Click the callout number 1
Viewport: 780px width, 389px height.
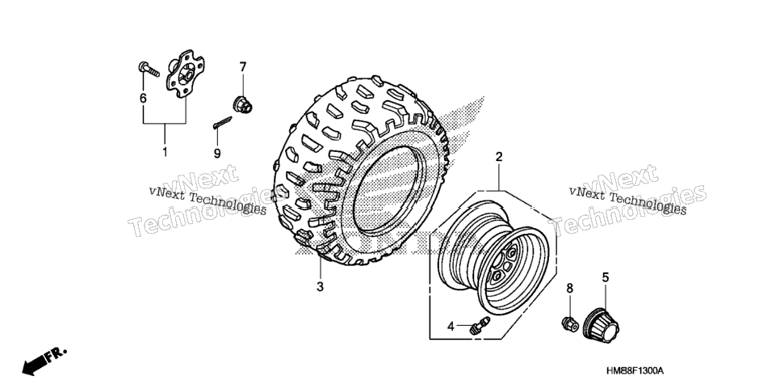pos(166,152)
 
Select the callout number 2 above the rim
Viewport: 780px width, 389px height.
pos(498,157)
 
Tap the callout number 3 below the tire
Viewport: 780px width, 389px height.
pos(320,287)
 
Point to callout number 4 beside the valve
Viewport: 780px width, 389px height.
pos(451,327)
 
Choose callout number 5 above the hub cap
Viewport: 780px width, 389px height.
pos(606,277)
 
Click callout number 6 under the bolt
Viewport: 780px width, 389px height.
pos(143,98)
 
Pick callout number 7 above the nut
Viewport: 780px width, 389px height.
pos(243,67)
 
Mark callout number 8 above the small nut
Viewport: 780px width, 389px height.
pos(570,289)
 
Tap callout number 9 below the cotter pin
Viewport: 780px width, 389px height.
pos(217,154)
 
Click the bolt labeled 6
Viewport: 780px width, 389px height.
pos(149,70)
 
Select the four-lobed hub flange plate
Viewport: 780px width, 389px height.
pos(185,73)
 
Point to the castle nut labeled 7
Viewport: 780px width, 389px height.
pos(243,104)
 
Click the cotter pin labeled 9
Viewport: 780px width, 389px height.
pos(222,123)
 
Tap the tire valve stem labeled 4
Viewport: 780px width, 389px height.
pos(480,325)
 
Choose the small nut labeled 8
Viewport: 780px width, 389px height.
pos(570,324)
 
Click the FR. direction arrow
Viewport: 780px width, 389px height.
pos(44,361)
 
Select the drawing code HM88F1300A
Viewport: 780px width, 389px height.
pos(635,371)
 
